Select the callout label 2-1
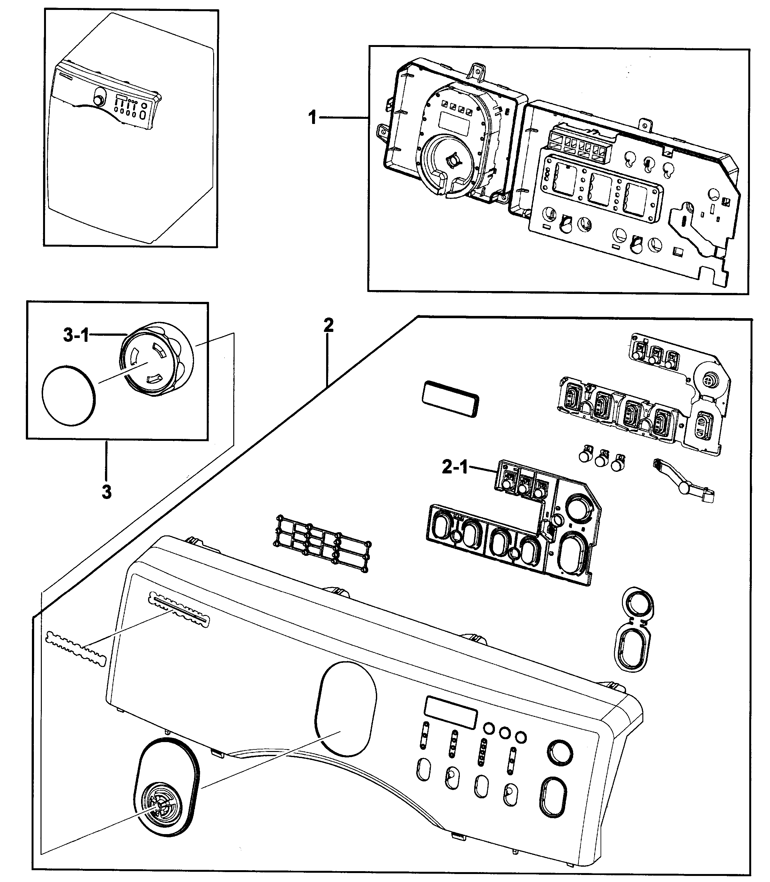coord(455,467)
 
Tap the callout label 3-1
coord(76,335)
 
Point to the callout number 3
coord(107,492)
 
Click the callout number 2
coord(328,326)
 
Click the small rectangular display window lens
coord(450,399)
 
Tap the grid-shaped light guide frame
coord(323,544)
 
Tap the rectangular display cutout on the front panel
coord(451,713)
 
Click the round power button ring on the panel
coord(560,753)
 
